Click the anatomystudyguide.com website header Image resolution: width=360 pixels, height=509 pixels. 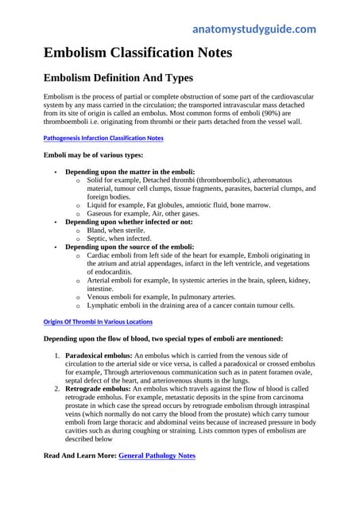254,29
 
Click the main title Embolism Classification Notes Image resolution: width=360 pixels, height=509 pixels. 137,53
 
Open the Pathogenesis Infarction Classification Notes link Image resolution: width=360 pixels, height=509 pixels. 103,138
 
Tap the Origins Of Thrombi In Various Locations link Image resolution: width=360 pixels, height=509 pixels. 96,321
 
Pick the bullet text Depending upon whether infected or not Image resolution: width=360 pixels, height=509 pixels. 129,222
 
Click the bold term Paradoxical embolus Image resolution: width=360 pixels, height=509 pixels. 99,354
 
